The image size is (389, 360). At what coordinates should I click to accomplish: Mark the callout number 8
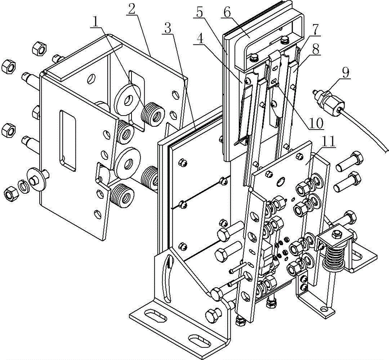(x=315, y=49)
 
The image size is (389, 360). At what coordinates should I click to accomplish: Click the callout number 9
(x=345, y=73)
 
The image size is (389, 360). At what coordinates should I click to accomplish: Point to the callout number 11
(x=328, y=142)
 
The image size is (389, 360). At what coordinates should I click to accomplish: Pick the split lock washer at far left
(x=23, y=187)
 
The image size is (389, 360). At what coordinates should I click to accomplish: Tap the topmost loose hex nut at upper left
(x=40, y=48)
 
